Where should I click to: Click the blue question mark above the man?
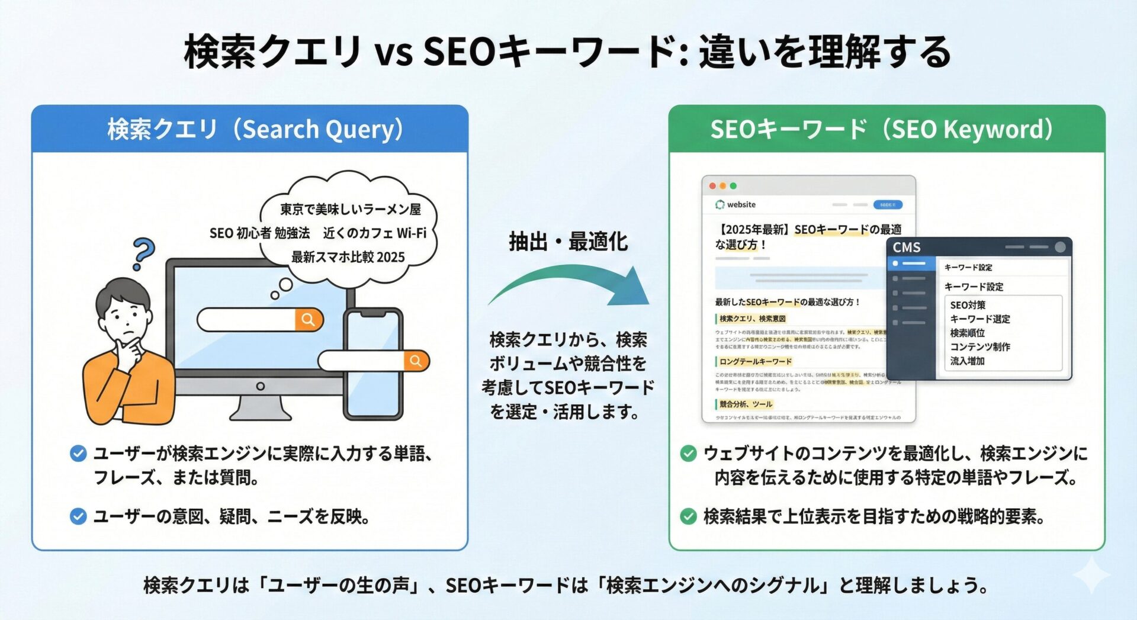[x=143, y=253]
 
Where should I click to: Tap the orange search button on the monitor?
[x=309, y=320]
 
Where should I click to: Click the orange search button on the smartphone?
[x=416, y=361]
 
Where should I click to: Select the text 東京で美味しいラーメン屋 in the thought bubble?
[x=350, y=210]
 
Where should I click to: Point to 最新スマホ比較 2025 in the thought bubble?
[x=348, y=257]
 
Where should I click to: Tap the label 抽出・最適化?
[x=568, y=242]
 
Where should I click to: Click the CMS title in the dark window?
[x=907, y=247]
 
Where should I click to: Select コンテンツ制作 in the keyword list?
[x=980, y=346]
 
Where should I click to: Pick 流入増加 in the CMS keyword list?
[x=967, y=361]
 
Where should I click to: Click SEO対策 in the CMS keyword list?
[x=968, y=305]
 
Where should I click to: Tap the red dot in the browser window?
[x=712, y=186]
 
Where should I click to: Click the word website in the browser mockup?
[x=741, y=204]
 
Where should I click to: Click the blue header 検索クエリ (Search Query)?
[x=255, y=129]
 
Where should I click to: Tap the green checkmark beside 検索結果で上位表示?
[x=688, y=516]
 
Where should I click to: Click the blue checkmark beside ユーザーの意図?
[x=78, y=516]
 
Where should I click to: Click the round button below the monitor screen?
[x=260, y=386]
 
